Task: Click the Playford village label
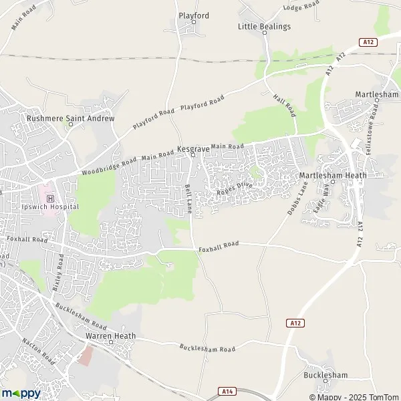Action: pyautogui.click(x=194, y=15)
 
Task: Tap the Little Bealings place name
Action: pyautogui.click(x=265, y=26)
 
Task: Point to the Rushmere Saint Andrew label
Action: pyautogui.click(x=70, y=118)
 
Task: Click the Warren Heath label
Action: pyautogui.click(x=110, y=336)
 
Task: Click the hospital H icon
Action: pyautogui.click(x=50, y=198)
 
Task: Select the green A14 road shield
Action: pyautogui.click(x=227, y=389)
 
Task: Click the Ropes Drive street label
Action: pyautogui.click(x=235, y=189)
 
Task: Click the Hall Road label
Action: pyautogui.click(x=284, y=106)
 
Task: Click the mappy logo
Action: pyautogui.click(x=21, y=393)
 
